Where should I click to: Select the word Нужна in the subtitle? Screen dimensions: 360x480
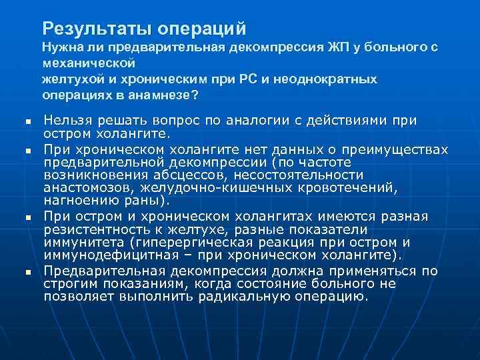click(60, 48)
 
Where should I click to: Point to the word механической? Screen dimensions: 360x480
click(89, 64)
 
